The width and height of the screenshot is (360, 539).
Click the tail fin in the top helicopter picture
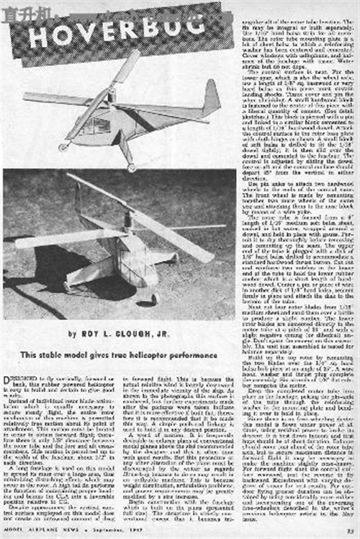point(211,98)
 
